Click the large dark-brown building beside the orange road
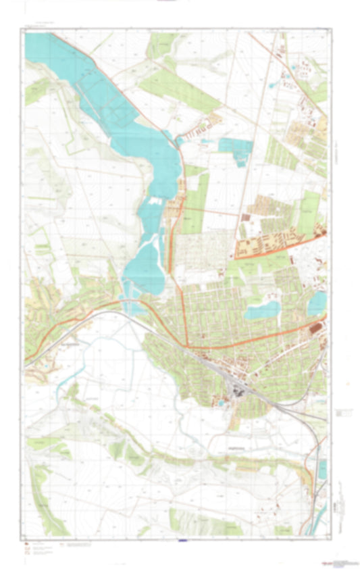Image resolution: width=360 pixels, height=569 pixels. click(315, 329)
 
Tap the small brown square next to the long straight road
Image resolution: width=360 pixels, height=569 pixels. click(245, 217)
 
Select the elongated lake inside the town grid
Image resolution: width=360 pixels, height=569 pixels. click(262, 310)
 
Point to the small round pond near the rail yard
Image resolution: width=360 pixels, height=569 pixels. click(220, 403)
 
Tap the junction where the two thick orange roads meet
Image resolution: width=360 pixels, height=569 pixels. click(189, 347)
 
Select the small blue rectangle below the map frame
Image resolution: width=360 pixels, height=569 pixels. click(180, 540)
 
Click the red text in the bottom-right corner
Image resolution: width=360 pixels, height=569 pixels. click(331, 562)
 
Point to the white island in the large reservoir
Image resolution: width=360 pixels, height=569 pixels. click(154, 201)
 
